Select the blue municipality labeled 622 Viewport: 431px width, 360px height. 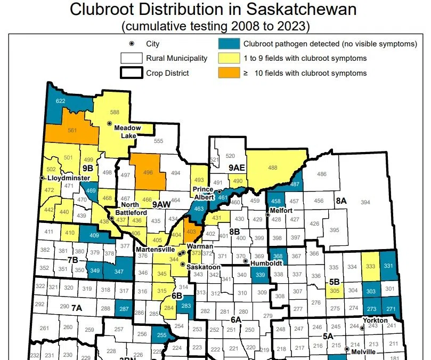point(61,101)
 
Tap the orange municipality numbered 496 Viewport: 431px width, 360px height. point(148,172)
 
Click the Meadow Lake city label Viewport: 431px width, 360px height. point(128,131)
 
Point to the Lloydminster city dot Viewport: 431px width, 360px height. point(43,178)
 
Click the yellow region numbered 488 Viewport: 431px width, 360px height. point(272,168)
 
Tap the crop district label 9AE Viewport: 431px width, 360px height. point(237,168)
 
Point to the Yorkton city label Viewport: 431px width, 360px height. point(375,320)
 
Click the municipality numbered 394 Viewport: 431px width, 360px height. point(365,202)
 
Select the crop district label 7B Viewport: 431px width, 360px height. point(72,259)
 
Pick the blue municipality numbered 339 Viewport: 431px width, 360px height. point(261,275)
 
